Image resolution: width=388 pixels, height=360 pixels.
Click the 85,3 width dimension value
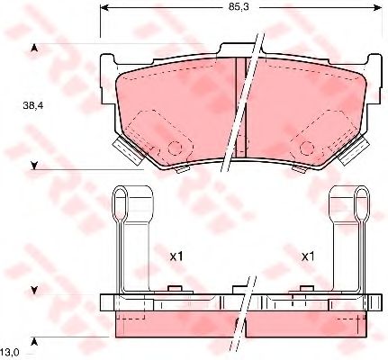(239, 7)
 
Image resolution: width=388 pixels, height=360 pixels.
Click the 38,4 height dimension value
(33, 105)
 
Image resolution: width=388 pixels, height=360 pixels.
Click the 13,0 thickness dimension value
(11, 352)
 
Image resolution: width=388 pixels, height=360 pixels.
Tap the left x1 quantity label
(176, 256)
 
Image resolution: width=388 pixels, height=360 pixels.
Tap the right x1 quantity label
(308, 256)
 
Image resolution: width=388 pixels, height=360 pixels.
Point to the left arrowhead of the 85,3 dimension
(104, 8)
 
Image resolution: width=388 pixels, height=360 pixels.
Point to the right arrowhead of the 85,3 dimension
(378, 8)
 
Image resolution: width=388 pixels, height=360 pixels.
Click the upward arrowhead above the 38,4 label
(34, 48)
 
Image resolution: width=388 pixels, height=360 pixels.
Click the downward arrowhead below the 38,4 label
(34, 166)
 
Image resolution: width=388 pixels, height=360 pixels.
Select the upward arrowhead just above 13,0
(34, 341)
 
